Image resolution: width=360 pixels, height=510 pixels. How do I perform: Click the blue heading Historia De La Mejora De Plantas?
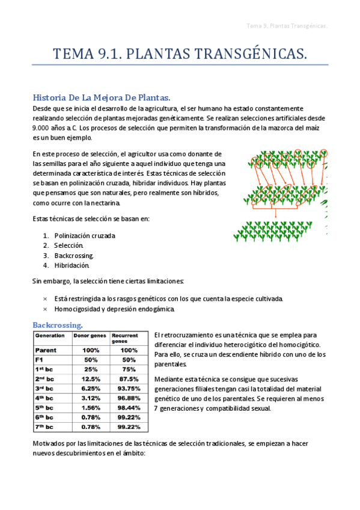click(102, 97)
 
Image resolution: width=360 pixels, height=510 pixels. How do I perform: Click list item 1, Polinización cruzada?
click(85, 236)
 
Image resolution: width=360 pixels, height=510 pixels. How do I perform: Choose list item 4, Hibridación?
click(72, 265)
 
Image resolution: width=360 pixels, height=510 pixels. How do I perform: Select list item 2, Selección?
click(69, 245)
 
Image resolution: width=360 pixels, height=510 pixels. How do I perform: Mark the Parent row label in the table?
click(46, 349)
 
